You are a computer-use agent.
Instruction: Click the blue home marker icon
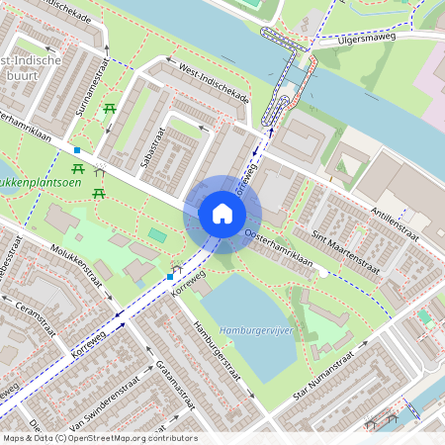click(x=222, y=214)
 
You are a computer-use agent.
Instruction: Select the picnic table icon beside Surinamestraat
click(x=109, y=108)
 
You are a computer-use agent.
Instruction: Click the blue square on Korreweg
click(x=170, y=277)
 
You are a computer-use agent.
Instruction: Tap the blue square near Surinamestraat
click(x=77, y=149)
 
